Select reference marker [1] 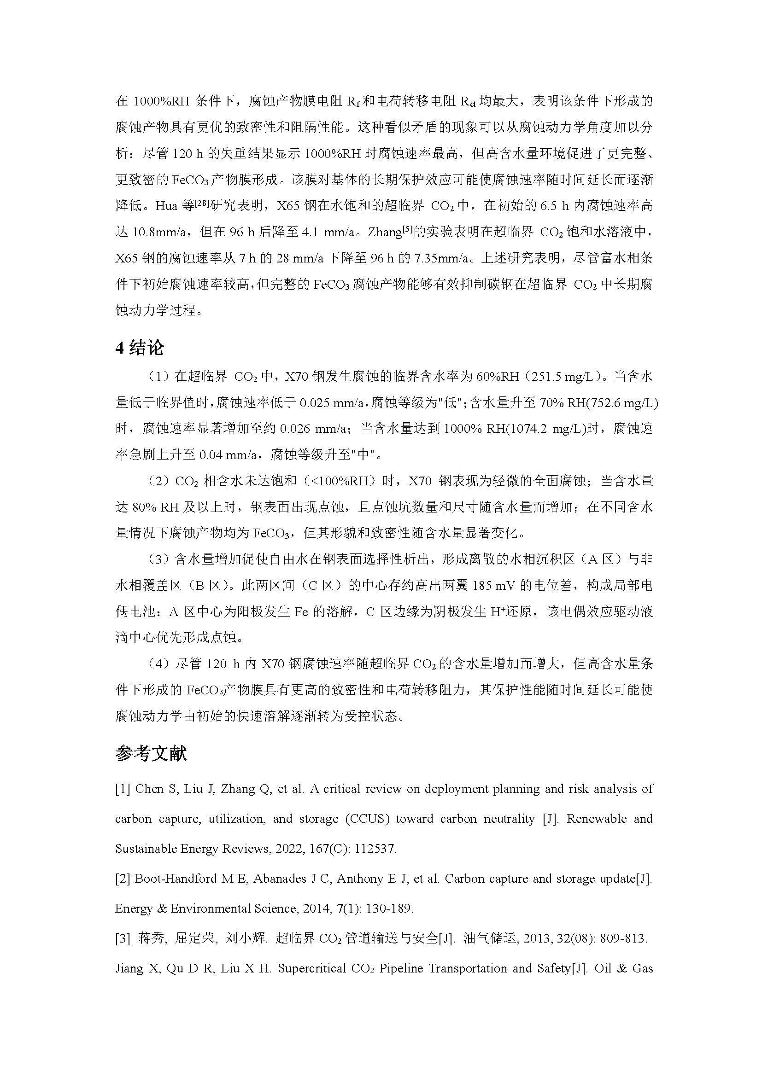point(123,789)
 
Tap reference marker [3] point(123,938)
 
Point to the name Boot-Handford point(174,879)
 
